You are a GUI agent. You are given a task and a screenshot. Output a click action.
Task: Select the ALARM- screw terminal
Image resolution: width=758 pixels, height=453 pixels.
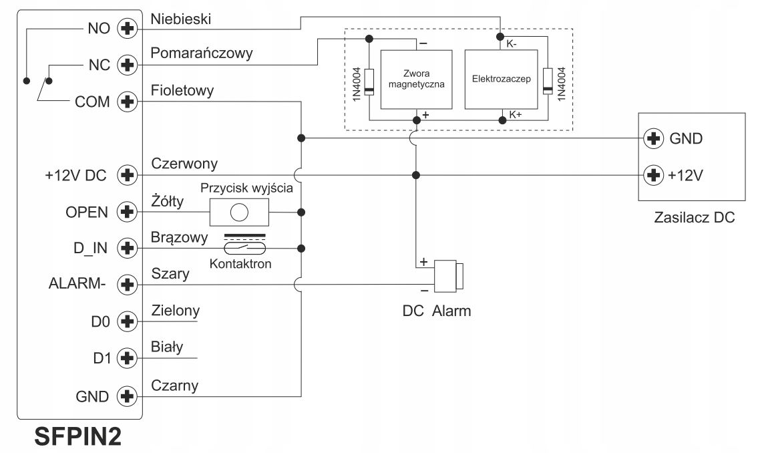[x=126, y=285]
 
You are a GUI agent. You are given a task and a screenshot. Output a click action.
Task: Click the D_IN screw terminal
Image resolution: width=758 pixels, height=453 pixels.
[x=126, y=248]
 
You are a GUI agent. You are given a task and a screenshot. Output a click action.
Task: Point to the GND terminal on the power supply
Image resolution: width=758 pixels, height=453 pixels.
[x=652, y=139]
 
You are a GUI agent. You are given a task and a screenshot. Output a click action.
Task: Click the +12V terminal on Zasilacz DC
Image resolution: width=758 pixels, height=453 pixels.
[x=652, y=175]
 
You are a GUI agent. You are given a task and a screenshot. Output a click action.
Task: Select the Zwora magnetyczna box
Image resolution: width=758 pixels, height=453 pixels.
[x=416, y=80]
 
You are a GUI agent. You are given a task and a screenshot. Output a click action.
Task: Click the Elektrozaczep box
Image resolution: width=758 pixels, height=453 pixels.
[x=500, y=80]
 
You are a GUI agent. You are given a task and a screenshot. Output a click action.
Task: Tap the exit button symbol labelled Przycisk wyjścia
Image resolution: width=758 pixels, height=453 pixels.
[x=239, y=212]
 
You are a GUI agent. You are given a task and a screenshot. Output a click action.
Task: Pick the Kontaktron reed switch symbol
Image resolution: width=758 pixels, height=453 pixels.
[x=243, y=247]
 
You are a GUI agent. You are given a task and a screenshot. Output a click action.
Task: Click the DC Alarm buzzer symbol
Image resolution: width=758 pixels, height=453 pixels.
[x=448, y=277]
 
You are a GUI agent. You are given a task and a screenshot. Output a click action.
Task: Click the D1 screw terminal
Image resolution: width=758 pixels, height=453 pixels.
[x=126, y=358]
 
